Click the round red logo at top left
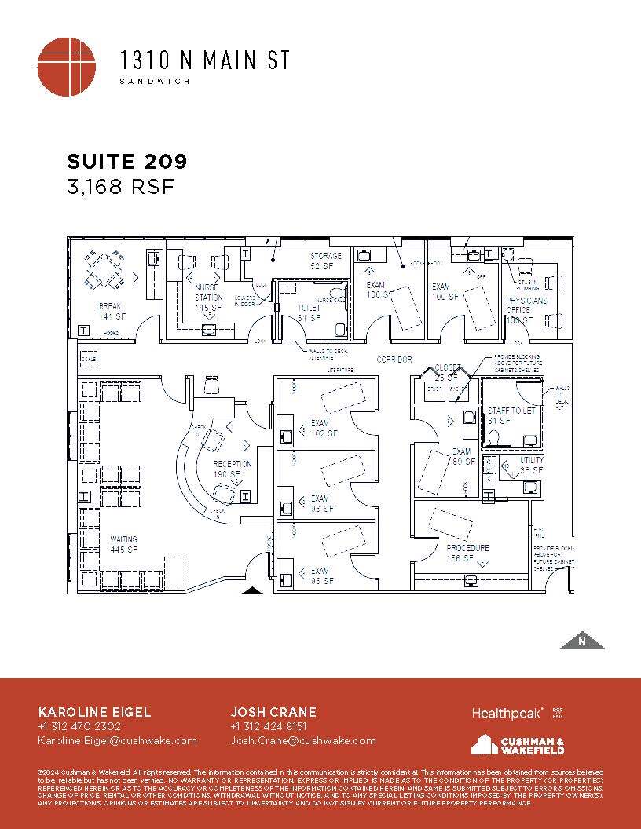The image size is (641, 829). point(67,67)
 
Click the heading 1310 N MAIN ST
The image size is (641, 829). point(204,60)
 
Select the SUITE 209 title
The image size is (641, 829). point(127,162)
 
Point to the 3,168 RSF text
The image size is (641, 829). point(119,187)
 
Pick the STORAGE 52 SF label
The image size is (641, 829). point(325,261)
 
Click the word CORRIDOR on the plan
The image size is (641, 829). point(394,360)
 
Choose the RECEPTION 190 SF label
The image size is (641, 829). point(233,469)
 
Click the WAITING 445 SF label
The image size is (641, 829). point(124,544)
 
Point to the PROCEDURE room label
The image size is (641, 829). point(468,553)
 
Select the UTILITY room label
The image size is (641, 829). point(532,465)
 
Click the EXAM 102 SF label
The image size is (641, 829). point(324,428)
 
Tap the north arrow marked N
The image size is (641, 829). point(582,641)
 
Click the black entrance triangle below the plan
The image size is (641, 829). point(251,590)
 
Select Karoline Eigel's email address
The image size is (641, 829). point(117,740)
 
